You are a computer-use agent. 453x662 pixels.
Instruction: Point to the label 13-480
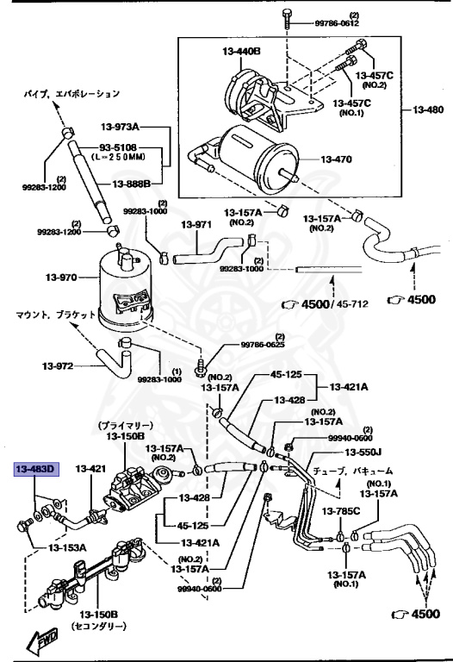point(428,110)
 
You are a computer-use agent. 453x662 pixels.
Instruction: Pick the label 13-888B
point(131,184)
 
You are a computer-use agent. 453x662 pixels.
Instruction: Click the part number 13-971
point(195,225)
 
